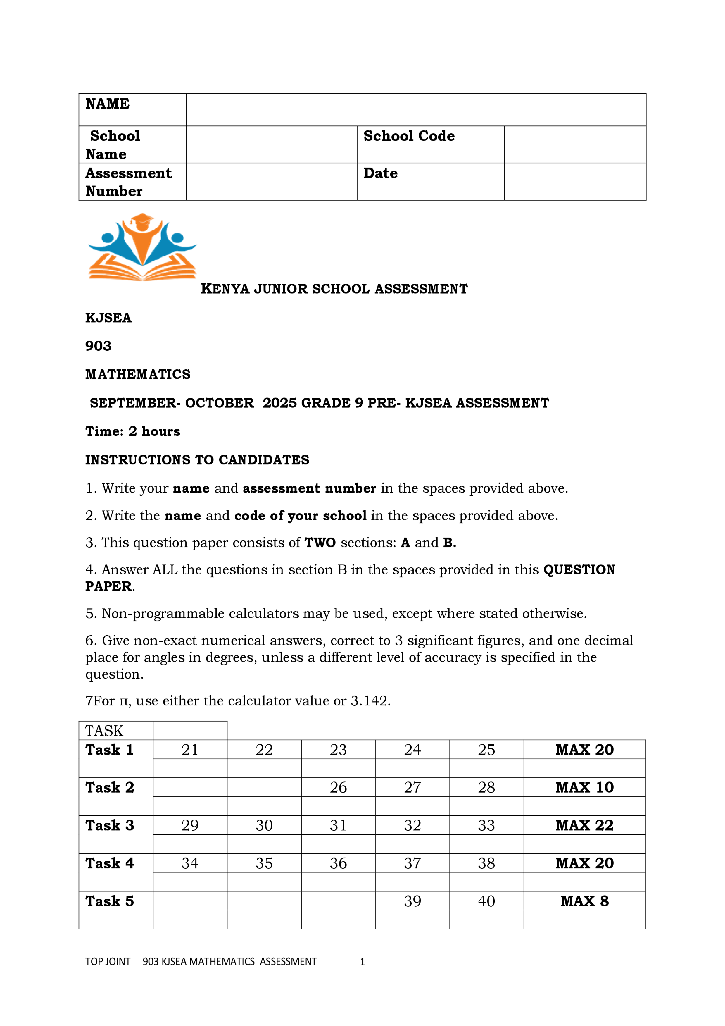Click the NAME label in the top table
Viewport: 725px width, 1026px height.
(107, 104)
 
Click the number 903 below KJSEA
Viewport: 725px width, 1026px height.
(98, 346)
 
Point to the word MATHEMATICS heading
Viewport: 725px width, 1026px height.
(138, 374)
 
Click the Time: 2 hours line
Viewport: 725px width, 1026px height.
(133, 431)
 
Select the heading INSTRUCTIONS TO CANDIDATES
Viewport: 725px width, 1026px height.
(197, 460)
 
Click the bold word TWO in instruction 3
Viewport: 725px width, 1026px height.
(320, 543)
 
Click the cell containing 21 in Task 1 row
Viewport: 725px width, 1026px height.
(190, 750)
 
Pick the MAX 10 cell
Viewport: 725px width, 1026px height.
(584, 787)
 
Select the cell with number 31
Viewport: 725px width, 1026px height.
(338, 825)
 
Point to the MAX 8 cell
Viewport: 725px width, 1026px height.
(584, 901)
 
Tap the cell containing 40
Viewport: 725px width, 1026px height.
(486, 901)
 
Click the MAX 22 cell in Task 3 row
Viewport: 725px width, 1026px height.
(584, 825)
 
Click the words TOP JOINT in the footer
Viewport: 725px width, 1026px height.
(108, 962)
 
